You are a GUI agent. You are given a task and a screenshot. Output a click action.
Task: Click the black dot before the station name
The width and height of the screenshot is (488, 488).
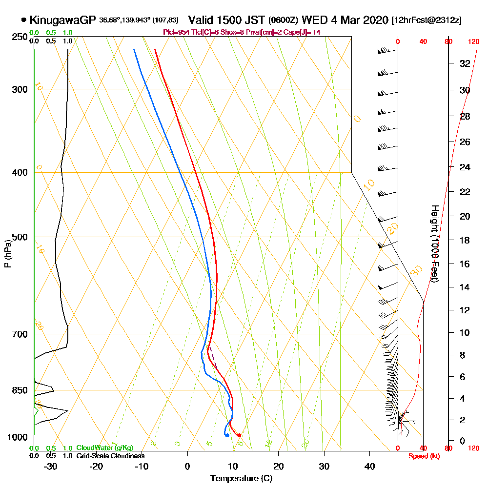coord(23,20)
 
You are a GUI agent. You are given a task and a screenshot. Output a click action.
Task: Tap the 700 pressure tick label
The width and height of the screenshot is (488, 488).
coord(20,334)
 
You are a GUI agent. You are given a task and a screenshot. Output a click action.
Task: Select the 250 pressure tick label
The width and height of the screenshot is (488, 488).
coord(20,37)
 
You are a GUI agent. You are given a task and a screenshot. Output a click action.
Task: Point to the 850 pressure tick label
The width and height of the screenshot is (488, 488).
coord(20,390)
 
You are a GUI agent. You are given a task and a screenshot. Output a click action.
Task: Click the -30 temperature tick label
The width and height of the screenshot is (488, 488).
coord(51,466)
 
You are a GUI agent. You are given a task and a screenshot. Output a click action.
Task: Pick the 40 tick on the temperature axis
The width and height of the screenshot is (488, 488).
coord(369,466)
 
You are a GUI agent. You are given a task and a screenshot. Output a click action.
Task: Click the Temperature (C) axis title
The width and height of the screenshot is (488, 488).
coord(241,479)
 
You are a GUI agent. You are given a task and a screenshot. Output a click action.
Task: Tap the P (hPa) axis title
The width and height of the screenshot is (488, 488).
coord(7,254)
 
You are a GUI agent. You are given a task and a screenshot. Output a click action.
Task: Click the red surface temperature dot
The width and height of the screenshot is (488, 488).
coord(239,435)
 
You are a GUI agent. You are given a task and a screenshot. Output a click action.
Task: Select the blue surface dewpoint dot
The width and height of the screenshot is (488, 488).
coord(227,435)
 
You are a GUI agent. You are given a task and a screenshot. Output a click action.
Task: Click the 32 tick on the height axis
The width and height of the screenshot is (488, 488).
coord(465,63)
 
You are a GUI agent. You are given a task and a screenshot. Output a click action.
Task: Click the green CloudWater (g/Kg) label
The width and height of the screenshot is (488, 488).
coord(104,448)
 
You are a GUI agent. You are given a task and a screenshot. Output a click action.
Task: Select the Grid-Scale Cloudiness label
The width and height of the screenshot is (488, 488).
coord(110,456)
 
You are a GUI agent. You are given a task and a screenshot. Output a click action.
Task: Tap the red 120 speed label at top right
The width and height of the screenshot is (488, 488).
coord(473,42)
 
